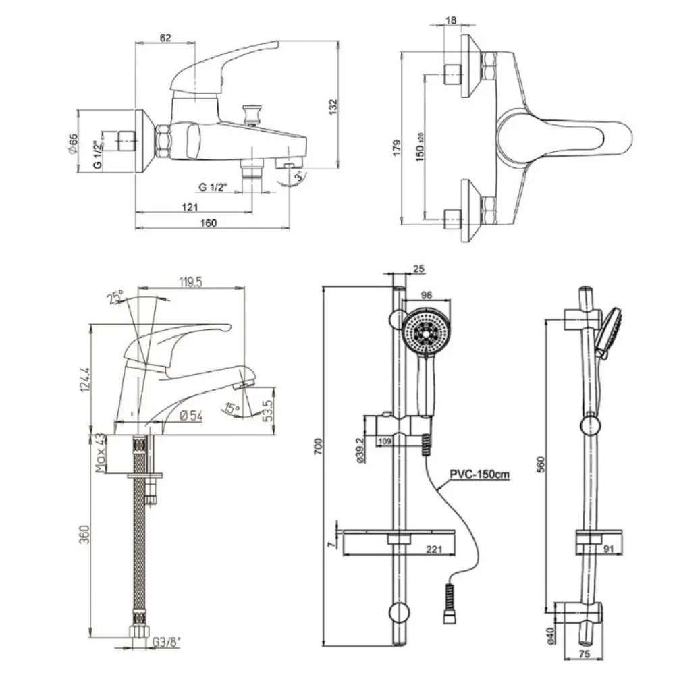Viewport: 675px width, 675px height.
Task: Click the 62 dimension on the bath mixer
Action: coord(166,38)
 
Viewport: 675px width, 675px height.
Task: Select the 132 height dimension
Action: coord(332,105)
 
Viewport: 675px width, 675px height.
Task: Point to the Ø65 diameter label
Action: coord(74,144)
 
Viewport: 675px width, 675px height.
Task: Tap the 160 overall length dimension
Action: coord(209,224)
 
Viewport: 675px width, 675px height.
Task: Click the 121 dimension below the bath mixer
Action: coord(190,207)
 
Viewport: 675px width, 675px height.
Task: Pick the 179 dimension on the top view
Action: coord(398,148)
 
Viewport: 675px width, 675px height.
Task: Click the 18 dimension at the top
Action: coord(452,21)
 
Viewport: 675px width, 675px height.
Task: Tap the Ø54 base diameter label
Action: coord(192,416)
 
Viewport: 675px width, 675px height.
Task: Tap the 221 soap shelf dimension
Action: coord(434,550)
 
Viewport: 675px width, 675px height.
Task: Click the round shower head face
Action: coord(425,330)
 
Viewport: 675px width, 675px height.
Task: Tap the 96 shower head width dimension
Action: coord(426,295)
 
